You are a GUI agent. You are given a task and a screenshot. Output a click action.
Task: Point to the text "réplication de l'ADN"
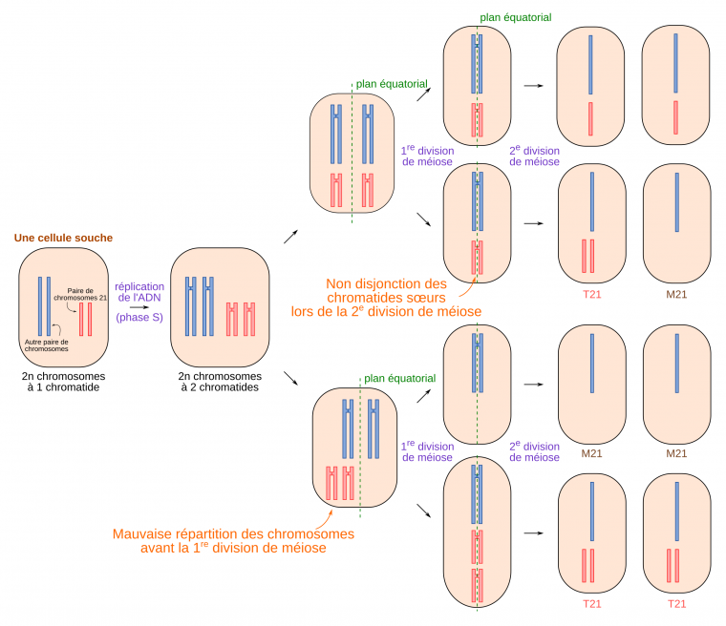pos(139,292)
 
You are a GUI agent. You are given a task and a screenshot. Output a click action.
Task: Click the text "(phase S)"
pos(139,318)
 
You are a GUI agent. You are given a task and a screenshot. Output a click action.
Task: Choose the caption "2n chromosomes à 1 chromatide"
pos(63,382)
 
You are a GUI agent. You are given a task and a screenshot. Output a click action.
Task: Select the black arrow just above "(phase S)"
pos(139,306)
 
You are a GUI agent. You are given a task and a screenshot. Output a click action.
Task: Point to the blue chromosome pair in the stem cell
pos(44,306)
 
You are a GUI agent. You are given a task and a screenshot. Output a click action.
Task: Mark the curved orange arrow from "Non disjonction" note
pos(474,272)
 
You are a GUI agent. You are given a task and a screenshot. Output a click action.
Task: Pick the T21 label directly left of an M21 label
pos(590,294)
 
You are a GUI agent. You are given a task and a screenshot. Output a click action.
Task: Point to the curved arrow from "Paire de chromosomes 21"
pos(73,303)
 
